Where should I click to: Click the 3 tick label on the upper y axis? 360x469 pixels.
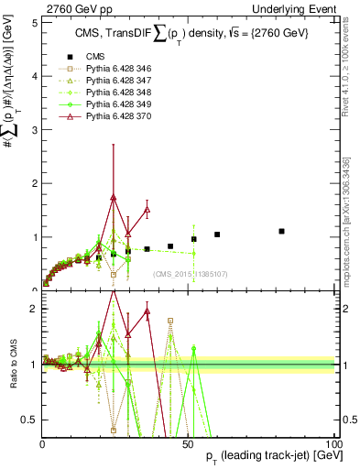coord(35,130)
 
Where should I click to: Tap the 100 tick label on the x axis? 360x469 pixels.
coord(333,443)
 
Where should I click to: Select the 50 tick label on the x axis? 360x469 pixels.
coord(188,443)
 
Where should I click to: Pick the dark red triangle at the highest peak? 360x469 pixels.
coord(113,197)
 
